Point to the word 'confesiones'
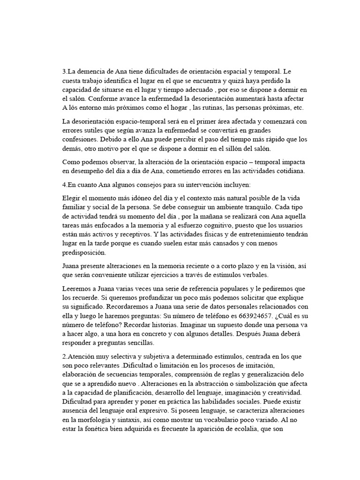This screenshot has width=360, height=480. click(x=81, y=140)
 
